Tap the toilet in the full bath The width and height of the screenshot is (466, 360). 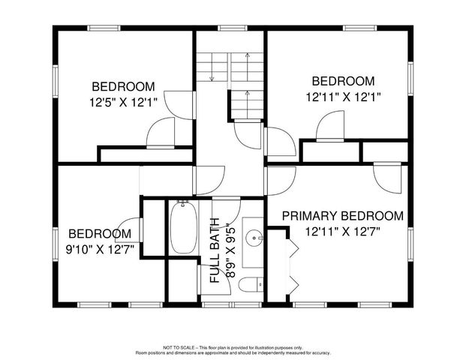pos(253,284)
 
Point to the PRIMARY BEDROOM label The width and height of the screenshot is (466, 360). pos(342,216)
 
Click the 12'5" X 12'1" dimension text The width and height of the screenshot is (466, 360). pos(123,101)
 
